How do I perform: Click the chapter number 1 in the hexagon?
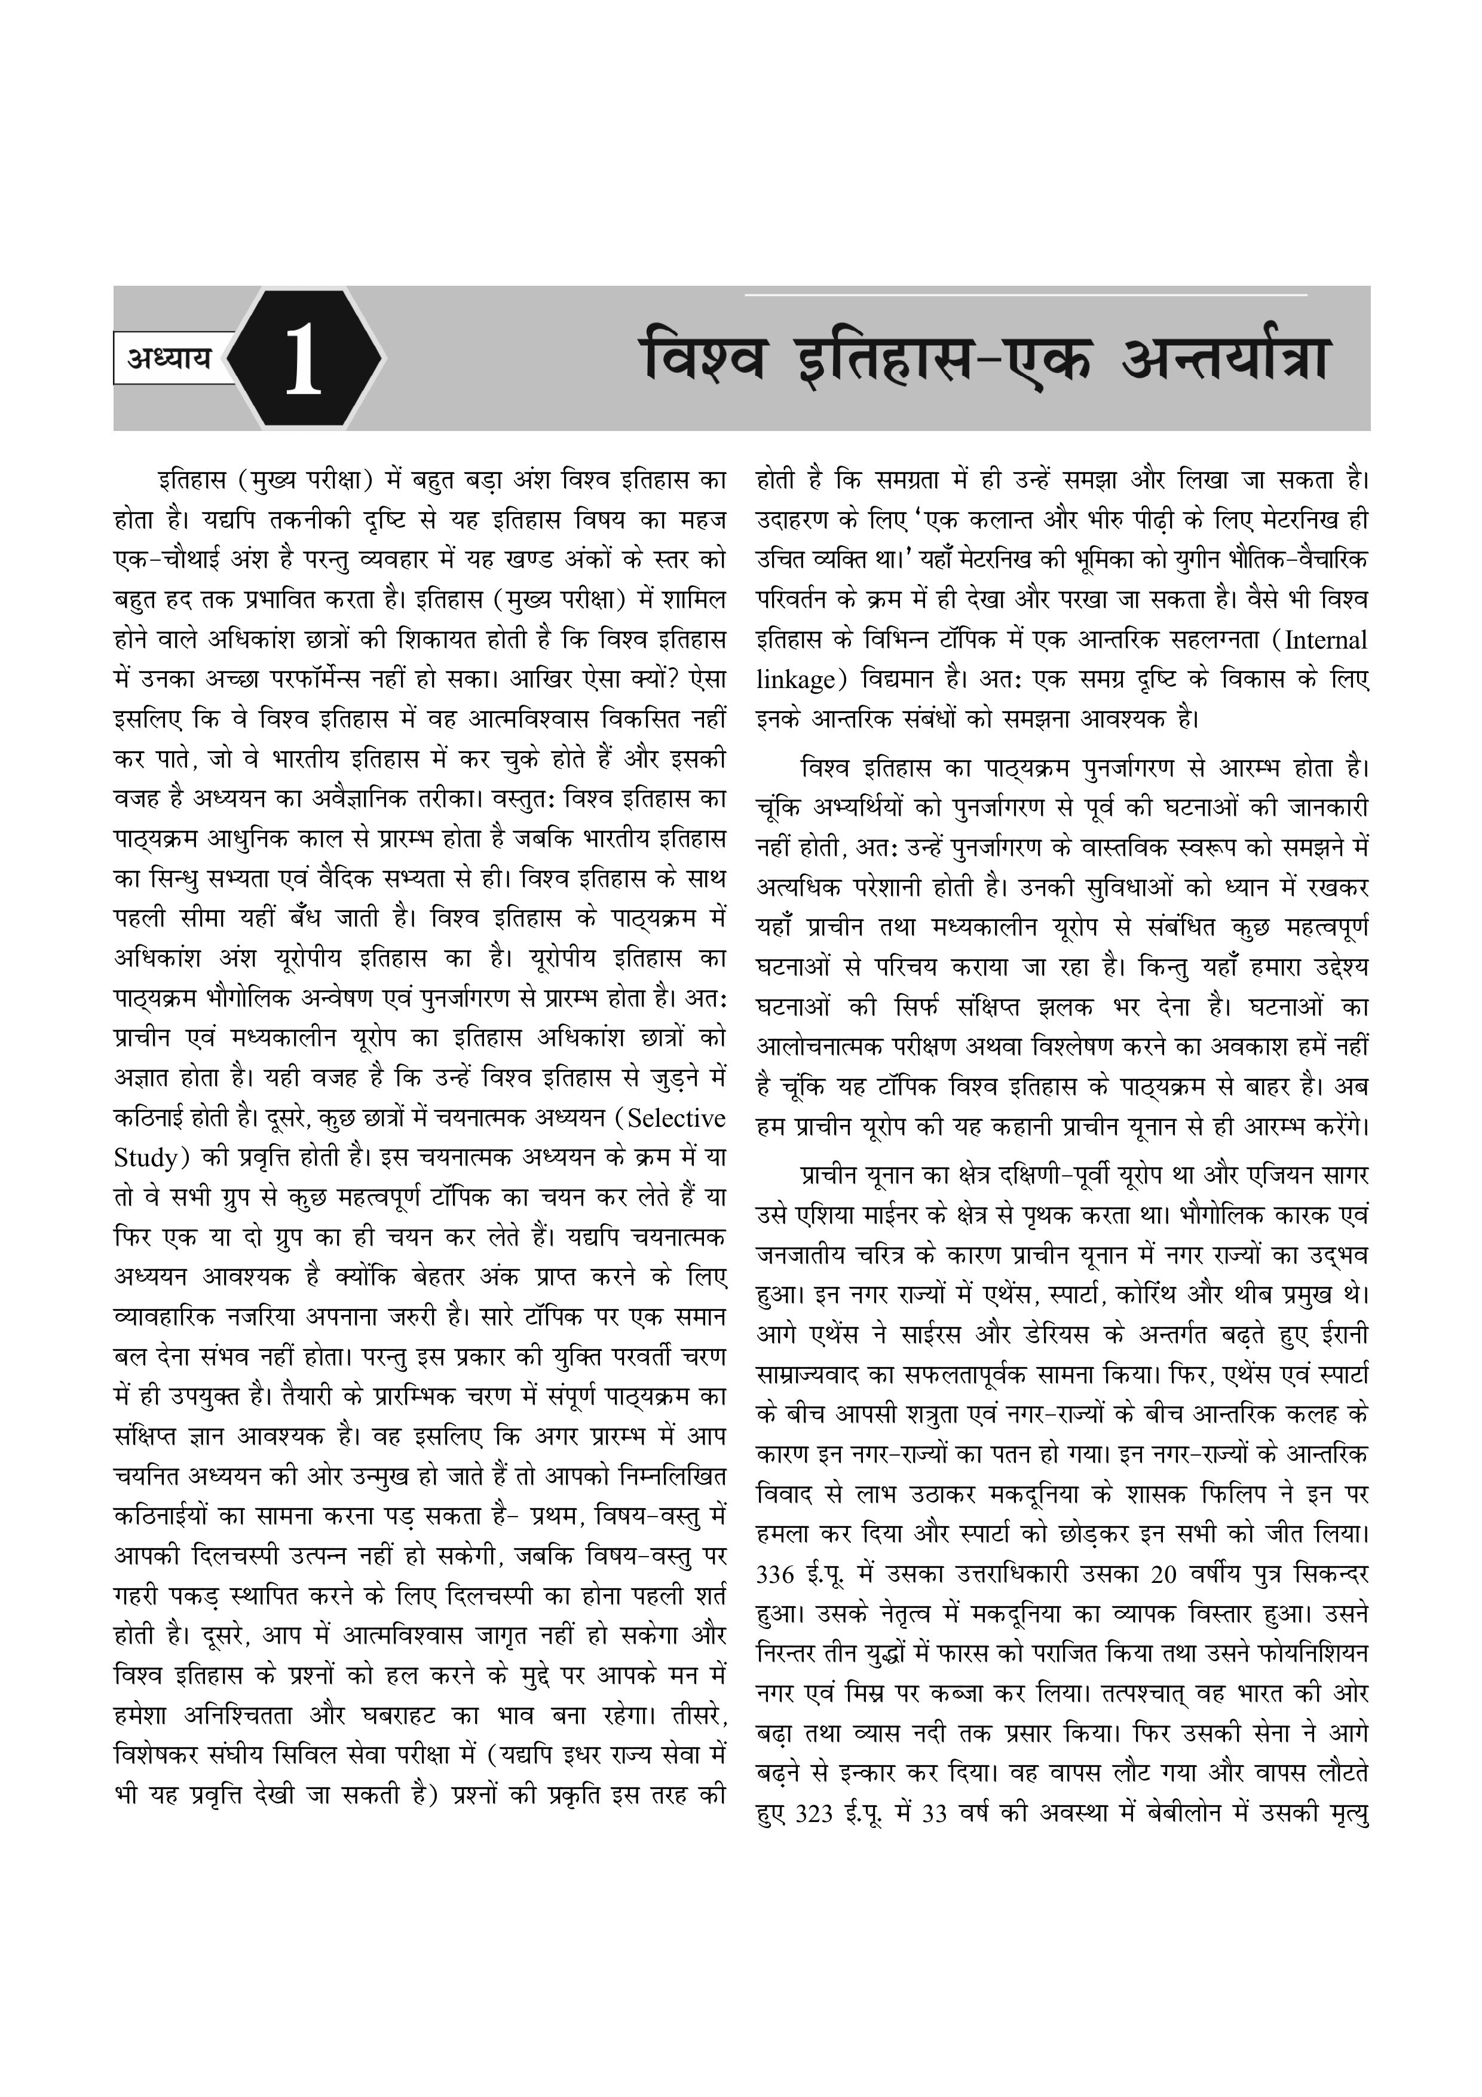[x=303, y=359]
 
